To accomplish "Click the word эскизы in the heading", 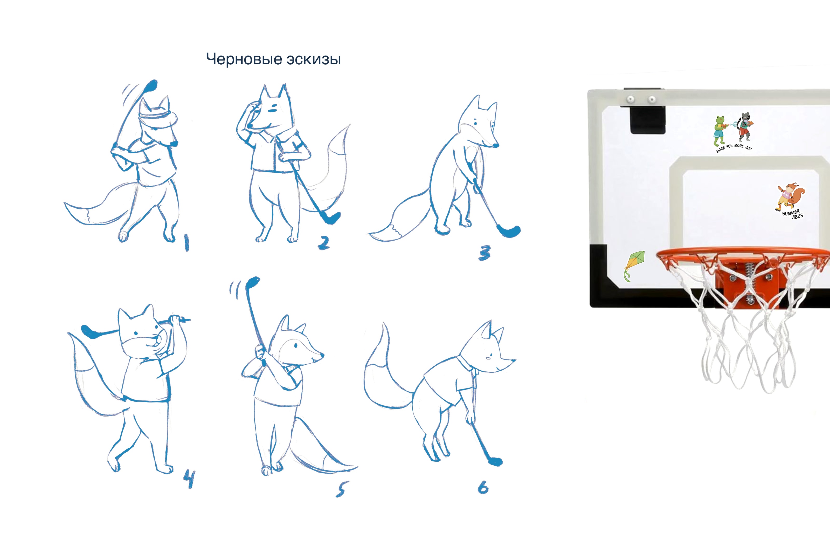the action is coord(314,59).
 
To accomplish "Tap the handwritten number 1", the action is coord(186,243).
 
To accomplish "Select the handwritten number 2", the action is coord(324,243).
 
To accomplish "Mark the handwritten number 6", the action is coord(483,488).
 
